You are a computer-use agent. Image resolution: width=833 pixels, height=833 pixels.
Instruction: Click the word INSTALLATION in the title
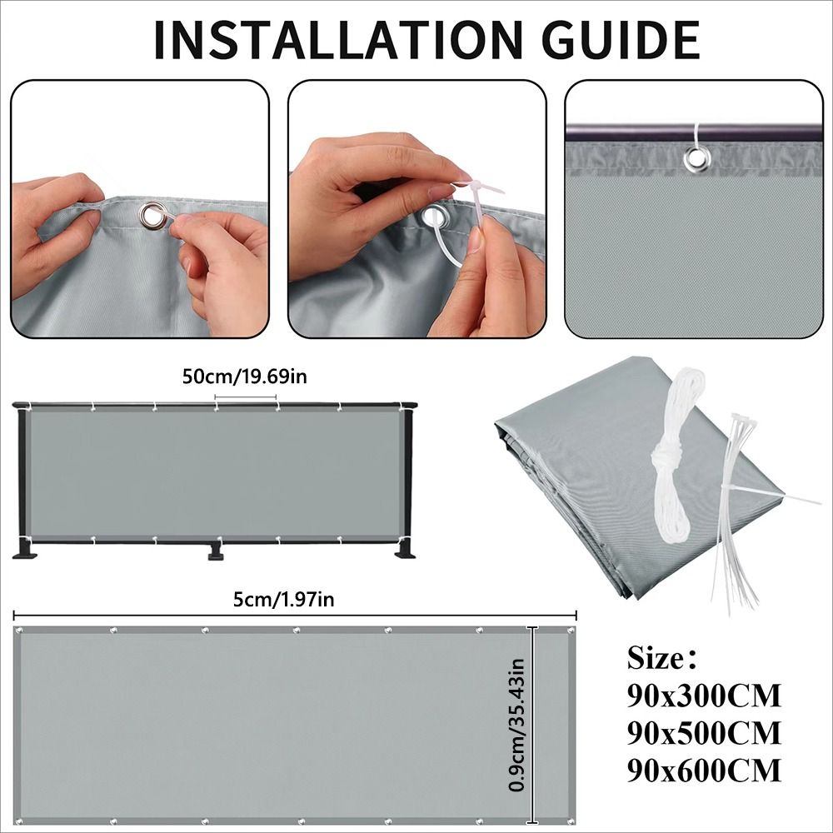pyautogui.click(x=335, y=40)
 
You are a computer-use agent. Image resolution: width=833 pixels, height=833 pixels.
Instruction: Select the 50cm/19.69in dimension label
pyautogui.click(x=245, y=377)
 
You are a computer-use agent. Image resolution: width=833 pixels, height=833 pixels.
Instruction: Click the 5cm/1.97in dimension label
pyautogui.click(x=284, y=600)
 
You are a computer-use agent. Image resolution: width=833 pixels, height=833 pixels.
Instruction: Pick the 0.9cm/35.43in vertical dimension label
pyautogui.click(x=516, y=726)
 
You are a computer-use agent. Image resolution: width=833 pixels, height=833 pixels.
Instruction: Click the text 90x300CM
pyautogui.click(x=704, y=696)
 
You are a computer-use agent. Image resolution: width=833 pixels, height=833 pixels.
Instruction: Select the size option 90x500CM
pyautogui.click(x=704, y=732)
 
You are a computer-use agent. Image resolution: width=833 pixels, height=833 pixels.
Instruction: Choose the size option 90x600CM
pyautogui.click(x=704, y=771)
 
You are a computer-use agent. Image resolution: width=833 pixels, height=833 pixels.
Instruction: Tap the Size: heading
pyautogui.click(x=661, y=658)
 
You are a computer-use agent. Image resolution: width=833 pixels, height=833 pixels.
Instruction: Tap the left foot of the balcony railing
pyautogui.click(x=25, y=549)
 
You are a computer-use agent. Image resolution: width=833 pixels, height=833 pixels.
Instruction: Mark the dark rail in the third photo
pyautogui.click(x=694, y=131)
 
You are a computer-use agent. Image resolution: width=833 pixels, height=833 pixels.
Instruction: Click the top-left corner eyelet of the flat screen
pyautogui.click(x=21, y=631)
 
